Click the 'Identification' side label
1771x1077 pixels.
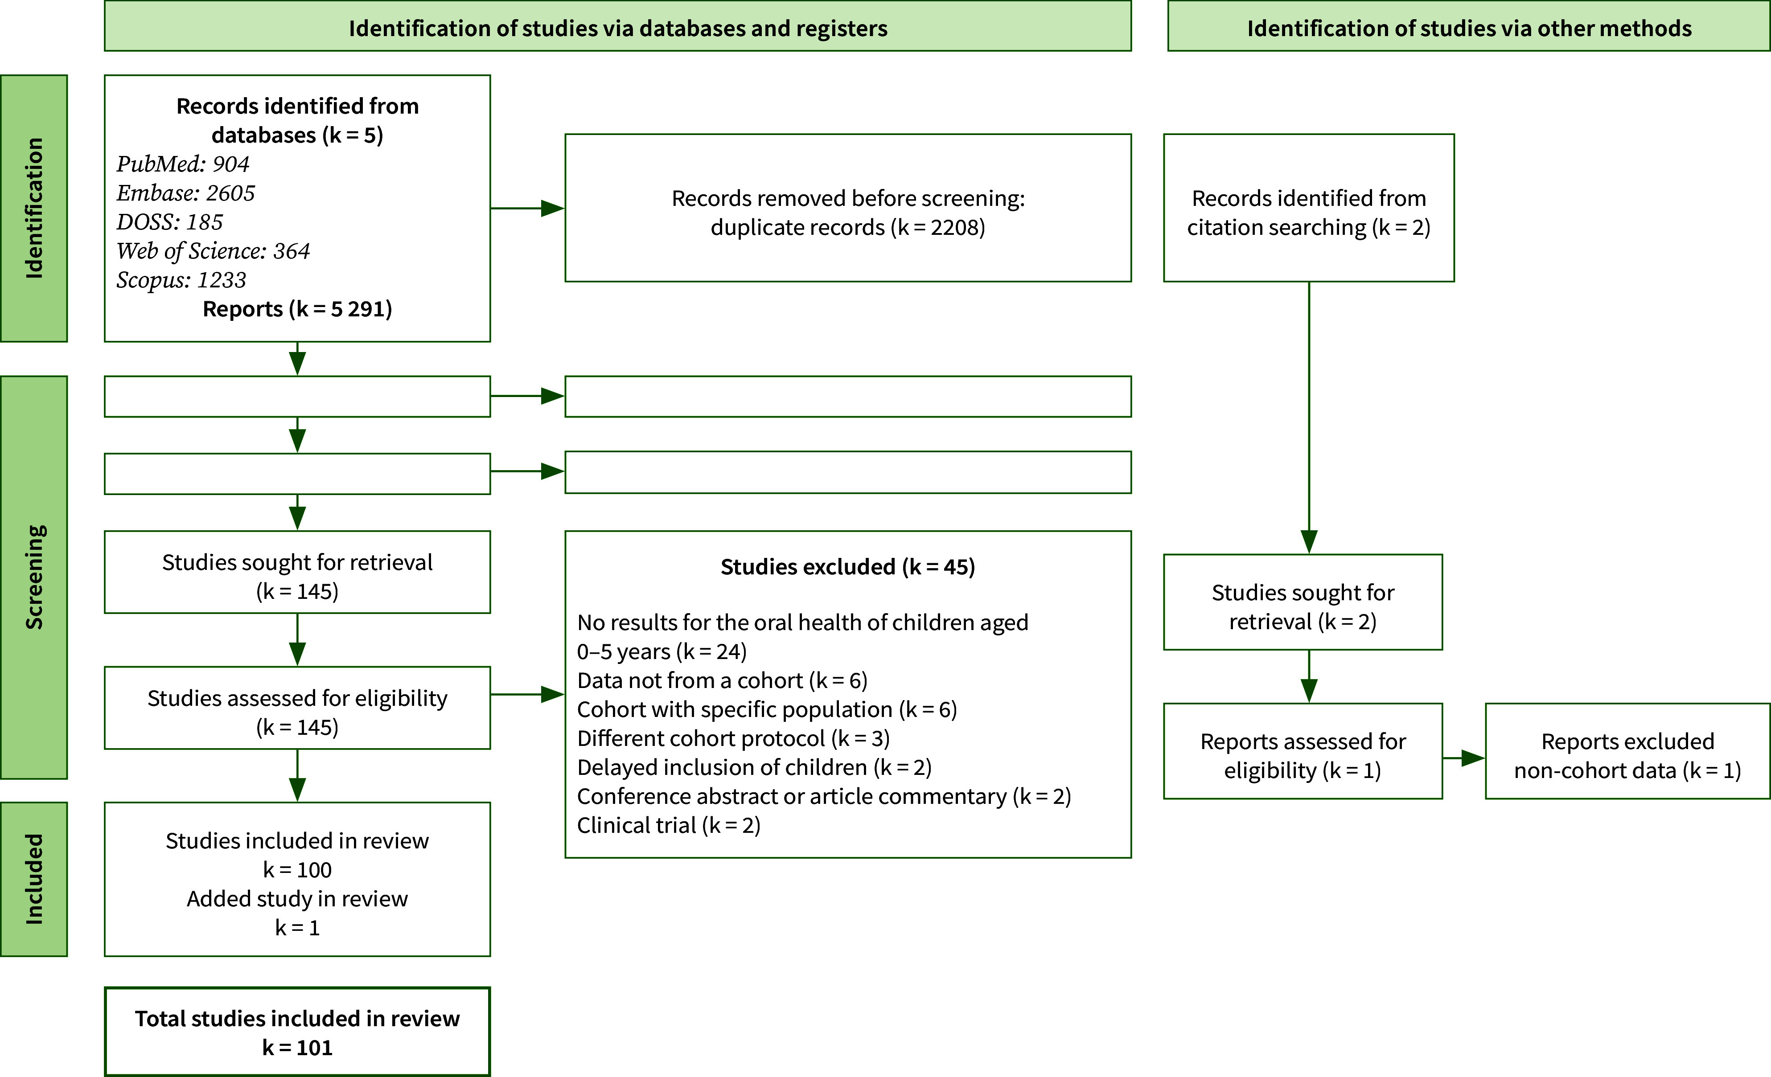34,209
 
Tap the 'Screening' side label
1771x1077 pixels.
34,577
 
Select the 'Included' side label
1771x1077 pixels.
34,879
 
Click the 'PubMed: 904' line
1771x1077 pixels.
183,164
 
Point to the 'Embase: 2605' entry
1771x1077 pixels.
185,193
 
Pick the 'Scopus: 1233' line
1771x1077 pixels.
181,280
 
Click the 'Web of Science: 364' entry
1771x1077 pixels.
213,251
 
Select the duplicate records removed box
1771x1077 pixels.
848,208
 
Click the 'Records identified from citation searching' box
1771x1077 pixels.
1309,208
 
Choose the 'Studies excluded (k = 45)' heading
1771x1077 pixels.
848,567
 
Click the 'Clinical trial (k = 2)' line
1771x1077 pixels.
669,826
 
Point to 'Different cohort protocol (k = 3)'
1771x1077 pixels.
733,739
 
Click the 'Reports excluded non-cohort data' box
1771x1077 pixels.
1627,751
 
